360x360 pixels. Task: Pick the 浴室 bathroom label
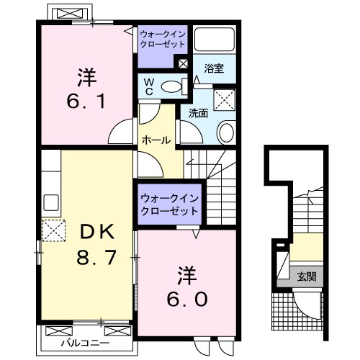[214, 69]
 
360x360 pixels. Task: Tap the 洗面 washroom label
[199, 113]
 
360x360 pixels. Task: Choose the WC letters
[148, 87]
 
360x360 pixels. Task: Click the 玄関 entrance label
[306, 274]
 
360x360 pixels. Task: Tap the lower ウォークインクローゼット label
[170, 202]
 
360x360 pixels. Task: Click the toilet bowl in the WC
[171, 87]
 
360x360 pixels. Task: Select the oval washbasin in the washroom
[226, 132]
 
